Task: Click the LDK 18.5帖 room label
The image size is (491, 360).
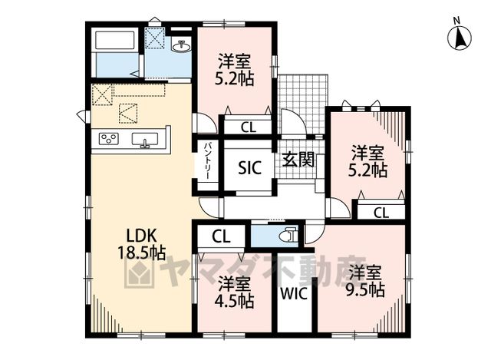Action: tap(141, 244)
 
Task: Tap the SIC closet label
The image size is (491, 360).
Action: tap(249, 167)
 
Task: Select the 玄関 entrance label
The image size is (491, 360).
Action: tap(298, 160)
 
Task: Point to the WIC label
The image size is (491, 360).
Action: tap(293, 293)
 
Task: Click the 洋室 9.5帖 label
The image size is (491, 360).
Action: tap(365, 281)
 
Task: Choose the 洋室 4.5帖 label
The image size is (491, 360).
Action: tap(234, 292)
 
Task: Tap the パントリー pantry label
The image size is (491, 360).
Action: tap(207, 161)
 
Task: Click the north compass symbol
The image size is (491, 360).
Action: tap(460, 37)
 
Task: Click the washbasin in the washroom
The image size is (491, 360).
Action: tap(181, 46)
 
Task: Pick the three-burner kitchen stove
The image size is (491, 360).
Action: tap(109, 138)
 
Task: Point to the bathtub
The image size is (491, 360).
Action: tap(115, 40)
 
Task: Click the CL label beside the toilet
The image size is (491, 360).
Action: tap(221, 237)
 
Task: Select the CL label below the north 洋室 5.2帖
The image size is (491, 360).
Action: tap(249, 127)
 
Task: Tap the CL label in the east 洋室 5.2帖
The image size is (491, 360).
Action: tap(381, 213)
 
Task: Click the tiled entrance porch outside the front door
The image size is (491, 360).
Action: tap(303, 105)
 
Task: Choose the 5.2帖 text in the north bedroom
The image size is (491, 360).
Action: tap(234, 78)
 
